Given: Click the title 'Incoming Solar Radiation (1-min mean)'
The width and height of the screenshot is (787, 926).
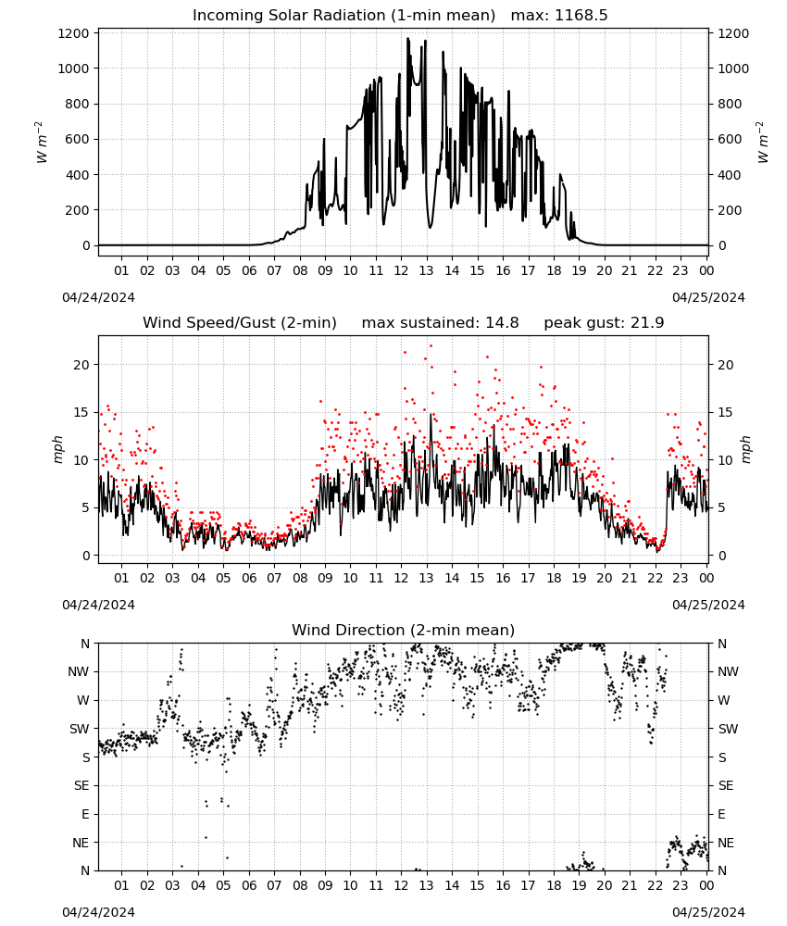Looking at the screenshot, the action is tap(344, 16).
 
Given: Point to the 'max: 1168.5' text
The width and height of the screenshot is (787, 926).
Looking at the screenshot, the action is tap(559, 16).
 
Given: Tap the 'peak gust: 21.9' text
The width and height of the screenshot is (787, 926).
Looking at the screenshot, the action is tap(604, 323).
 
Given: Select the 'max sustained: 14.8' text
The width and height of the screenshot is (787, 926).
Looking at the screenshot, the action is tap(441, 323).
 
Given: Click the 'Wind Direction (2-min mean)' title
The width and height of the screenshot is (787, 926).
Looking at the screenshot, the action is tap(404, 630).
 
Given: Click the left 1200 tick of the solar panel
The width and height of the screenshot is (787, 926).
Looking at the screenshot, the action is tap(73, 33).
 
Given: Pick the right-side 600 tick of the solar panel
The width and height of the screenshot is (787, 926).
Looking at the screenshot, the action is tap(730, 140).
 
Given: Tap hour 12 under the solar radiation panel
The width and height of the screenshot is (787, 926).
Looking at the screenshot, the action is tap(401, 270).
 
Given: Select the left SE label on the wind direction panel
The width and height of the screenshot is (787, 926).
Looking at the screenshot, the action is tap(81, 785).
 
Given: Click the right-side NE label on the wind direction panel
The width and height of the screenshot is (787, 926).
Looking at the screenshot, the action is tap(726, 843).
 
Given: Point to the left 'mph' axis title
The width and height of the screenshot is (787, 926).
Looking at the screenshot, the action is tap(57, 449).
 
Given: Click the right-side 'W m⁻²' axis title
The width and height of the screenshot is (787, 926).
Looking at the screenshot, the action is tap(762, 143).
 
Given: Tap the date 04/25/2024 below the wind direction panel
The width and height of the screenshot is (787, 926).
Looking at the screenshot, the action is tap(708, 912).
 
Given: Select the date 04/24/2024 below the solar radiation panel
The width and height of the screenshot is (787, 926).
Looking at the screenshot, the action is tap(98, 297).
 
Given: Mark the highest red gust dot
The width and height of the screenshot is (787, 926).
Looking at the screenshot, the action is tap(431, 345).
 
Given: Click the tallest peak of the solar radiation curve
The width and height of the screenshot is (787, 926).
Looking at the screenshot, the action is tap(407, 38).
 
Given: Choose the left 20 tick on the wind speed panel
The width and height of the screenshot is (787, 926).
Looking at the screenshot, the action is tap(81, 365).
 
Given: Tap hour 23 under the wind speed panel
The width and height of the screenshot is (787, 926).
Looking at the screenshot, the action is tap(681, 578).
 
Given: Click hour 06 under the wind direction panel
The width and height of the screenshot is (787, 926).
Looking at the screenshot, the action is tap(249, 885).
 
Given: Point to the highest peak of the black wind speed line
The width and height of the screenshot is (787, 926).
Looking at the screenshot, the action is tap(431, 414).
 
